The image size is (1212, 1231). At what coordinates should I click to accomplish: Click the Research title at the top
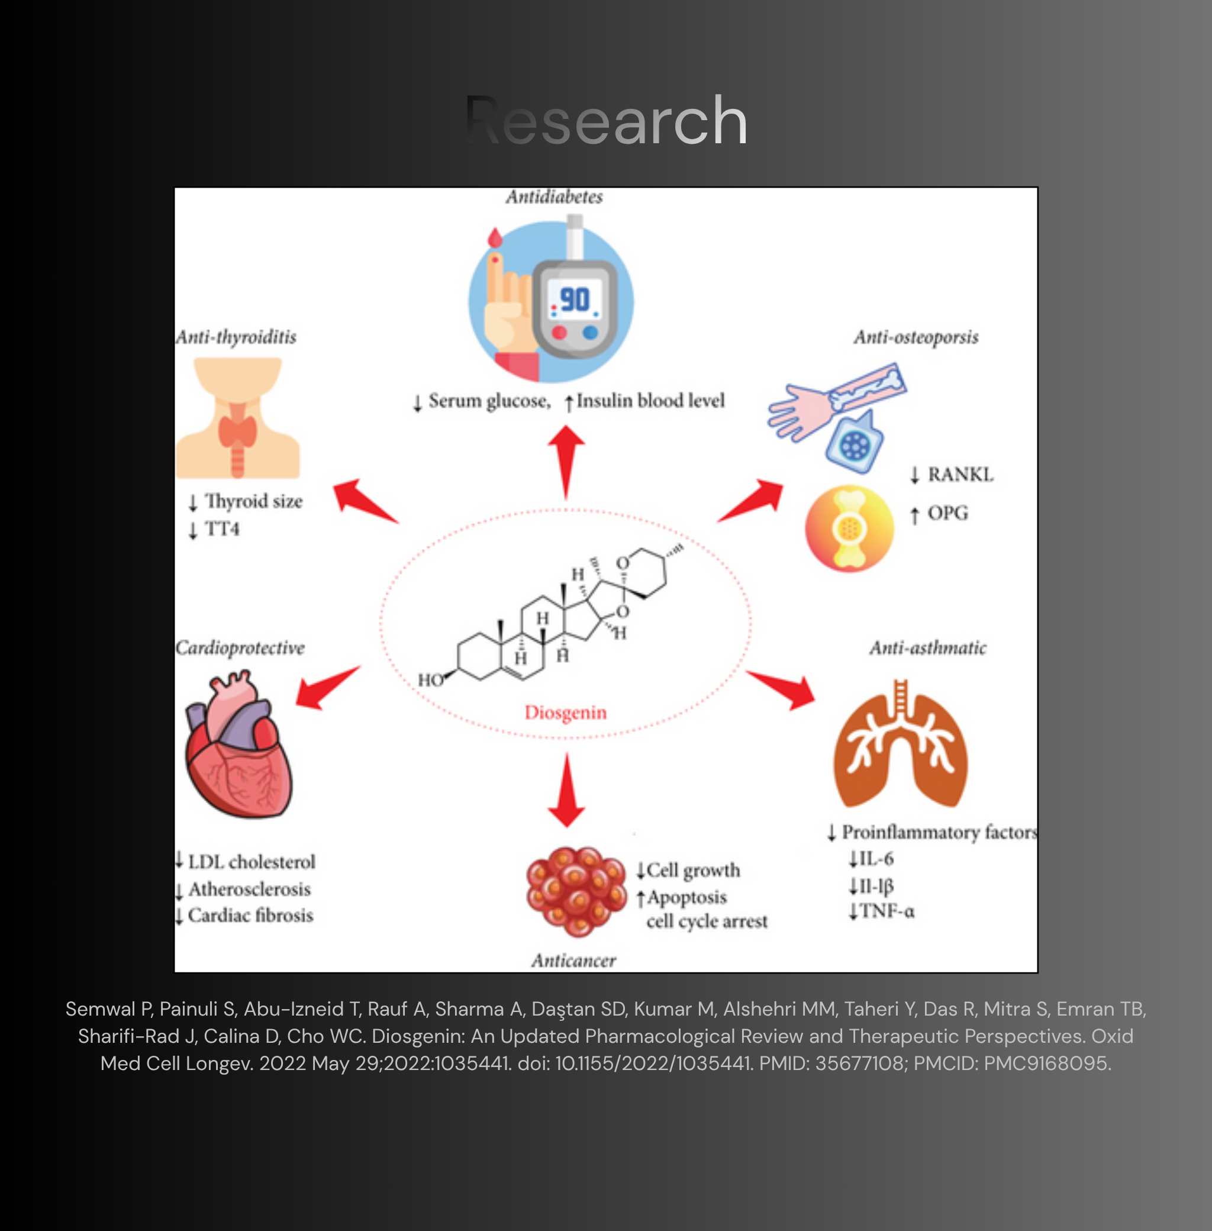[606, 120]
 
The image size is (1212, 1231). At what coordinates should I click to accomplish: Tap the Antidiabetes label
[555, 196]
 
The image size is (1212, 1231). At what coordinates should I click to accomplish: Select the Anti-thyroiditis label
[236, 337]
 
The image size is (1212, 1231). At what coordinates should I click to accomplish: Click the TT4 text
[222, 529]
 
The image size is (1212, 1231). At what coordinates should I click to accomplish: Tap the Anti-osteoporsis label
[916, 337]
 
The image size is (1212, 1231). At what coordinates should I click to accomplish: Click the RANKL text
[960, 475]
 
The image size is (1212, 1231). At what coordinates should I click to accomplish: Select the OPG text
[948, 513]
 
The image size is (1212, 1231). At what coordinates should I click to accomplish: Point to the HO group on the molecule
[430, 680]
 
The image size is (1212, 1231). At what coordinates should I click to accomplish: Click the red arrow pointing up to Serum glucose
[565, 462]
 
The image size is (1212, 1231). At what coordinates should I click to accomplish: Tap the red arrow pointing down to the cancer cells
[566, 790]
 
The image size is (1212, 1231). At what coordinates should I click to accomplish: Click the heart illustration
[238, 744]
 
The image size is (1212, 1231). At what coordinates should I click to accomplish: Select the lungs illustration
[900, 743]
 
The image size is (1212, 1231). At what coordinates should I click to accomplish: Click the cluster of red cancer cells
[576, 891]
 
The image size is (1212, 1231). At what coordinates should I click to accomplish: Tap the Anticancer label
[574, 961]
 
